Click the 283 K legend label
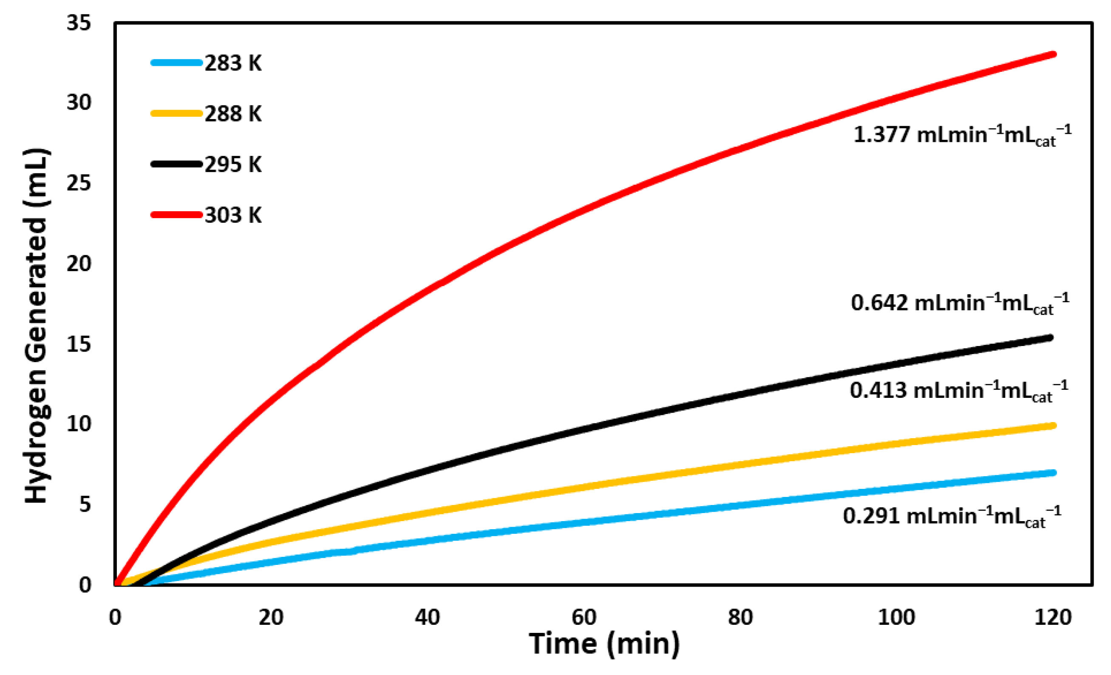[232, 63]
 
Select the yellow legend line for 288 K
[176, 113]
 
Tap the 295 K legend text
[232, 164]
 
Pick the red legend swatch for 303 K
[176, 215]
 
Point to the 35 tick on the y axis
[79, 23]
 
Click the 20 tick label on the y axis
[79, 264]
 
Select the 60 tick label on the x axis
[584, 617]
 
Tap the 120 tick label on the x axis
[1053, 617]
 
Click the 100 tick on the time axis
[896, 617]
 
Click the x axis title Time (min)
[604, 644]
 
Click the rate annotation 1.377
[881, 135]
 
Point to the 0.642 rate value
[879, 303]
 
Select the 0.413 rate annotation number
[879, 391]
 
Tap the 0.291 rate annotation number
[871, 516]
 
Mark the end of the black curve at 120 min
[1051, 338]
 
